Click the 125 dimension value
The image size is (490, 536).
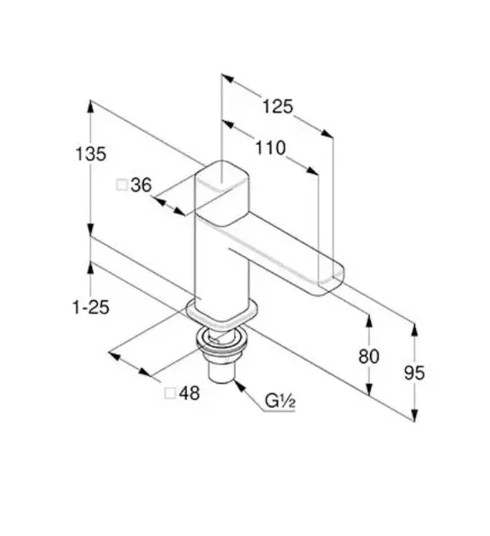point(277,106)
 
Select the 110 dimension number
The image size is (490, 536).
point(271,148)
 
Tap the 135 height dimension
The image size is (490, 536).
point(90,154)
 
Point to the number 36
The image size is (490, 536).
point(140,185)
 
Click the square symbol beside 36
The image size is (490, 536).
point(122,185)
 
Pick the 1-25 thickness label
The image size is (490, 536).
point(91,307)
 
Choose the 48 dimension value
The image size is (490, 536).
point(190,393)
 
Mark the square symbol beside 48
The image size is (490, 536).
point(170,393)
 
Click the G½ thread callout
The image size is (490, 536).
point(280,402)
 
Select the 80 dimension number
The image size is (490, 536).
point(368,356)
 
